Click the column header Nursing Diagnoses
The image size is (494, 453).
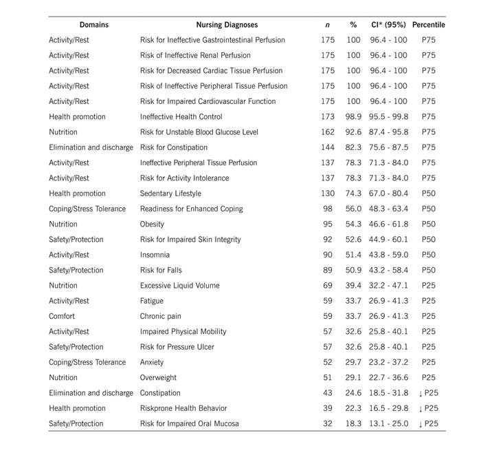(214, 25)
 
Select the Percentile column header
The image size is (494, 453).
(428, 25)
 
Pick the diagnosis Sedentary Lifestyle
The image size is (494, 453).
(171, 193)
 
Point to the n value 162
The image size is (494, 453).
(328, 132)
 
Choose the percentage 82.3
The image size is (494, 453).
(353, 147)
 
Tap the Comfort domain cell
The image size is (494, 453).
(62, 316)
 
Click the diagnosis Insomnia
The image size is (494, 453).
(155, 255)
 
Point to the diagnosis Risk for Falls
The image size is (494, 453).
(161, 270)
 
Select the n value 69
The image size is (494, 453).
(328, 286)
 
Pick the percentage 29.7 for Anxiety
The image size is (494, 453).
(353, 362)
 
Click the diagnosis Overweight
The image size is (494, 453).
(159, 377)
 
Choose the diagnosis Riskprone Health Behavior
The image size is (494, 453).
(183, 408)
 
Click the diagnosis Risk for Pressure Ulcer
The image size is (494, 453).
(175, 347)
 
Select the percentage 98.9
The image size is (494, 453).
(353, 117)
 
